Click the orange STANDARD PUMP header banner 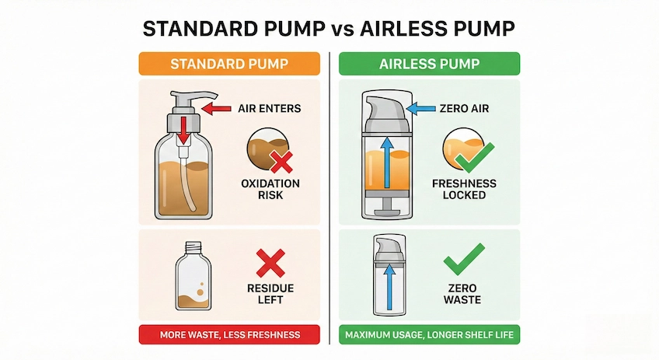pyautogui.click(x=228, y=63)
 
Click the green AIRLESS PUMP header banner pyautogui.click(x=430, y=63)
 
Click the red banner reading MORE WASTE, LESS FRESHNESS pyautogui.click(x=228, y=335)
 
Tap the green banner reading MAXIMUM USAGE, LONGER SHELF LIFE pyautogui.click(x=430, y=335)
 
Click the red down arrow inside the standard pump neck pyautogui.click(x=184, y=129)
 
